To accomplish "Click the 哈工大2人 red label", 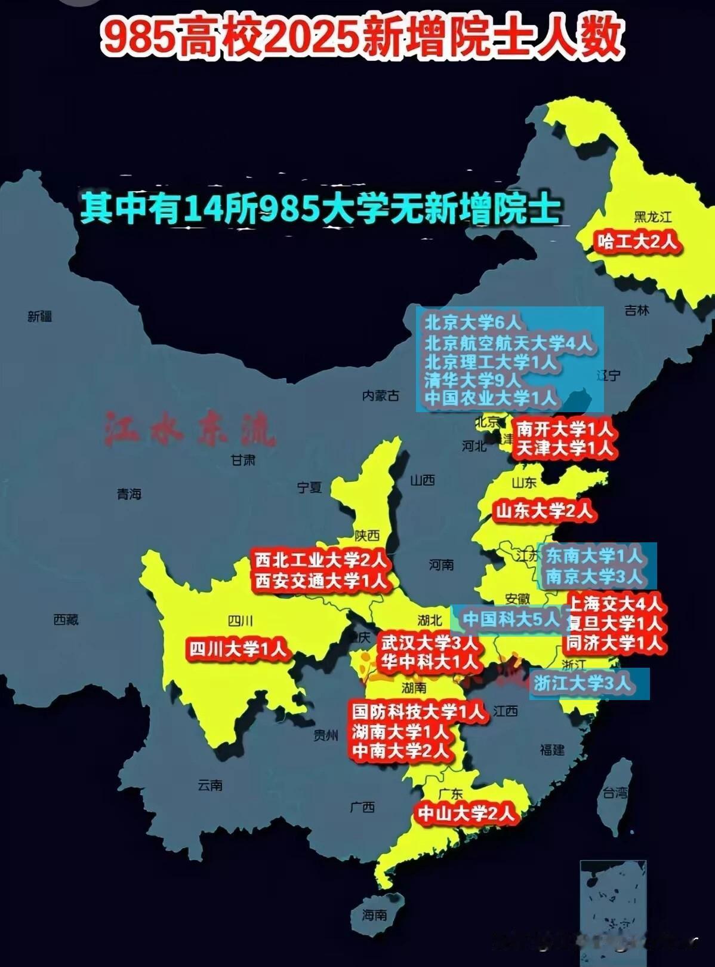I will click(637, 241).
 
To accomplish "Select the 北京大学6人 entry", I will click(473, 323).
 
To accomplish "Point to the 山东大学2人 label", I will click(544, 511).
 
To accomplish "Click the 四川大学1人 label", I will click(238, 649).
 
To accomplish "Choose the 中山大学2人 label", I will click(466, 813).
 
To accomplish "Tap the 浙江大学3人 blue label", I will click(583, 683).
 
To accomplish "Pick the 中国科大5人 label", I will click(511, 619).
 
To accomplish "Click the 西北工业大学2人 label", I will click(321, 560).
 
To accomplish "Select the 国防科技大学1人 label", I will click(418, 711).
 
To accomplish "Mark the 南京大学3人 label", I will click(594, 576).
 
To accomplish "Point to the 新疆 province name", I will click(40, 317).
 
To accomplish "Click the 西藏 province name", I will click(66, 620).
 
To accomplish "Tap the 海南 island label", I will click(374, 914).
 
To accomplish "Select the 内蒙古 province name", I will click(381, 395).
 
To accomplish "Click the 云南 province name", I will click(210, 785).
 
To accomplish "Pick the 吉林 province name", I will click(637, 311).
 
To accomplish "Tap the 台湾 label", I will click(615, 793).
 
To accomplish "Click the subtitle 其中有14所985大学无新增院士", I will click(320, 209).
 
